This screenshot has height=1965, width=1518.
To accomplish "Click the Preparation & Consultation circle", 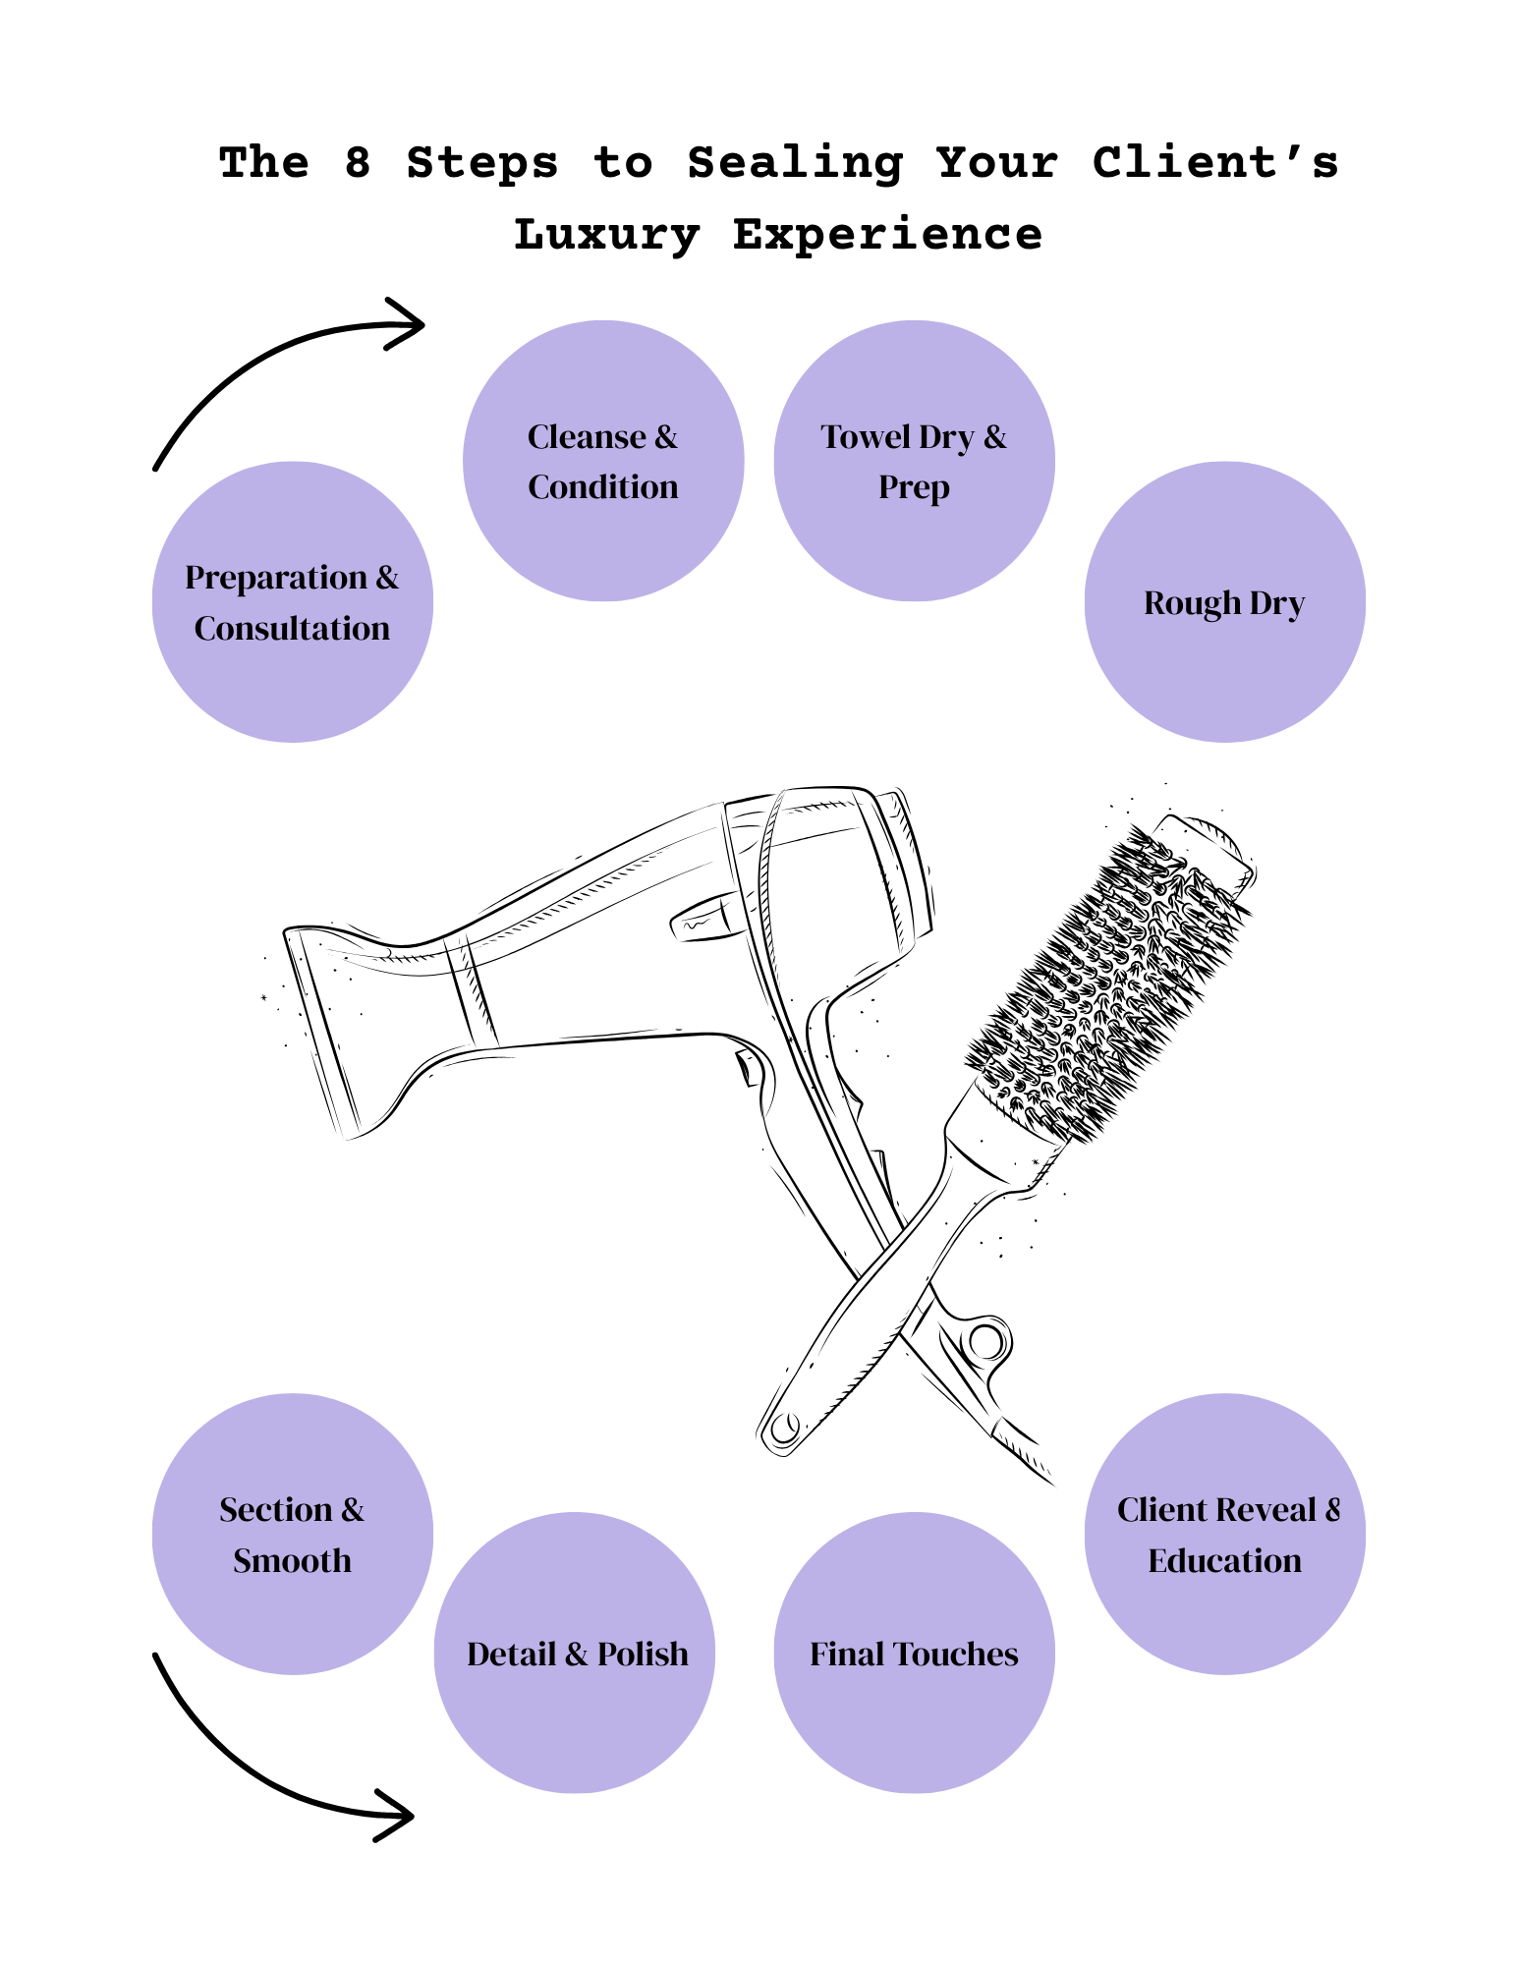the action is [x=293, y=601].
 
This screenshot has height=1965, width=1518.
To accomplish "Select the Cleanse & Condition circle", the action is [x=603, y=461].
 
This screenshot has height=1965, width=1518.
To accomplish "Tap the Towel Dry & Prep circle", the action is [x=914, y=461].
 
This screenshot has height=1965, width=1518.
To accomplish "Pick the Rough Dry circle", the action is [x=1225, y=601].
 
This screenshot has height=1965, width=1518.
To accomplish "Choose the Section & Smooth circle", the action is [x=293, y=1534].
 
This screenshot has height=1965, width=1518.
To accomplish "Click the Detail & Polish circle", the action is [x=575, y=1653].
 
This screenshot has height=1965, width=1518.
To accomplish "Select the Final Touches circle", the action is [x=914, y=1653].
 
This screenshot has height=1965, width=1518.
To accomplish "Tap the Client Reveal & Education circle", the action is [x=1225, y=1534].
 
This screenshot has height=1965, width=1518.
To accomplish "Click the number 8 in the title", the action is [x=358, y=162].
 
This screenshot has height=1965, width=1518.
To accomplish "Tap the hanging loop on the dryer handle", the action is [x=985, y=1341].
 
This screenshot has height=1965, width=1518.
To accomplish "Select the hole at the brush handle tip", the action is [x=785, y=1427].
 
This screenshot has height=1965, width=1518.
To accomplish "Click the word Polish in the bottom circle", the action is [x=643, y=1655].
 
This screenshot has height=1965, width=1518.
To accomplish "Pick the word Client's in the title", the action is [x=1215, y=162].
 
